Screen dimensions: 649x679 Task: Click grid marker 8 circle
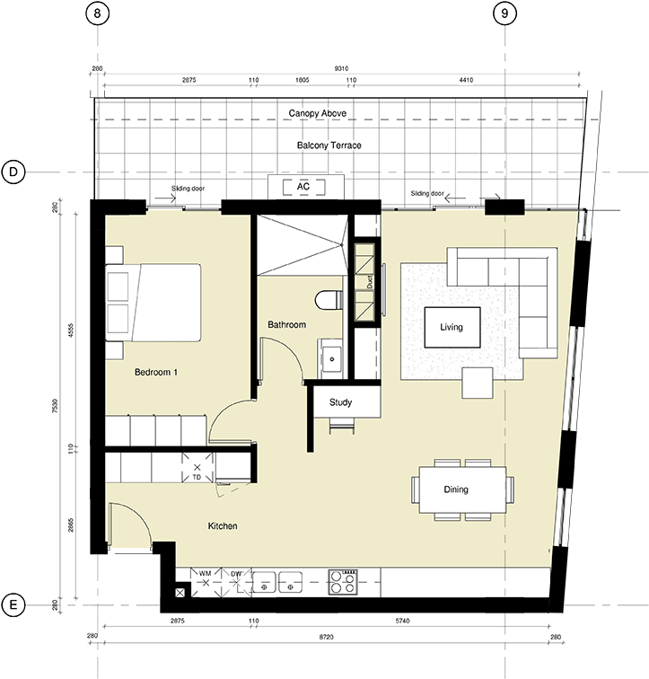click(x=97, y=13)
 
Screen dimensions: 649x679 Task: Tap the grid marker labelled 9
click(x=504, y=13)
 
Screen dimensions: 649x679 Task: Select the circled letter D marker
click(x=13, y=172)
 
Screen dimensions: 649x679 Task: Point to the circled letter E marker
click(x=13, y=604)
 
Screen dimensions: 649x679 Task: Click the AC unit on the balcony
click(x=303, y=187)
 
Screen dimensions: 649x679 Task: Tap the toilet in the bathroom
click(x=329, y=300)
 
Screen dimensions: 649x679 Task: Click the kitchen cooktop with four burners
click(x=343, y=582)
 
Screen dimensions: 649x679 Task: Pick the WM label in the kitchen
click(x=205, y=573)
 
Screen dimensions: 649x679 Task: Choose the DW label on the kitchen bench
click(x=236, y=574)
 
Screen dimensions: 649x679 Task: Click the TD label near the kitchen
click(x=197, y=477)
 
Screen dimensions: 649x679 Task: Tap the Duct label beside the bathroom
click(x=370, y=282)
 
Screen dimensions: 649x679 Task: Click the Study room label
click(x=340, y=402)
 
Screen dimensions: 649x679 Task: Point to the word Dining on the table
click(x=456, y=489)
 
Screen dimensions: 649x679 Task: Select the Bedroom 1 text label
click(x=156, y=372)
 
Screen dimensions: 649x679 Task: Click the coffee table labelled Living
click(x=452, y=327)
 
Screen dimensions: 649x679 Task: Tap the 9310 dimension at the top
click(x=341, y=68)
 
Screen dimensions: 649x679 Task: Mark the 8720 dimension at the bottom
click(x=327, y=637)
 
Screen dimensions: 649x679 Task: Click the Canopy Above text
click(x=318, y=113)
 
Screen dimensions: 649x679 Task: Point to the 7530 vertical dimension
click(x=55, y=406)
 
